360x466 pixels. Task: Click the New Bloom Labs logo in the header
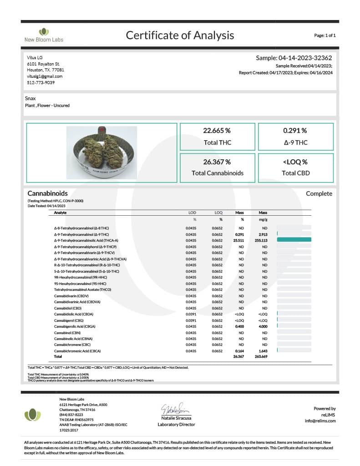(x=44, y=35)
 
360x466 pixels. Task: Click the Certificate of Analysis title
(x=180, y=35)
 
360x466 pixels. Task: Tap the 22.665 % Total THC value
(x=217, y=131)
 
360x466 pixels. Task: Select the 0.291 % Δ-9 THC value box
(x=295, y=137)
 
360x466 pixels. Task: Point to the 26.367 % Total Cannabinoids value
(x=217, y=162)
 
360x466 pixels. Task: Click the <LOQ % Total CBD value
(x=295, y=162)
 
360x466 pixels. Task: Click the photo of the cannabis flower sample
(x=101, y=153)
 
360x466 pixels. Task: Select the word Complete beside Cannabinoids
(x=319, y=194)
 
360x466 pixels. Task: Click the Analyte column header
(x=60, y=213)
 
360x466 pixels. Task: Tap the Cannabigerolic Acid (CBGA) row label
(x=75, y=326)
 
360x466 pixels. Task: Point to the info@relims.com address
(x=320, y=421)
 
